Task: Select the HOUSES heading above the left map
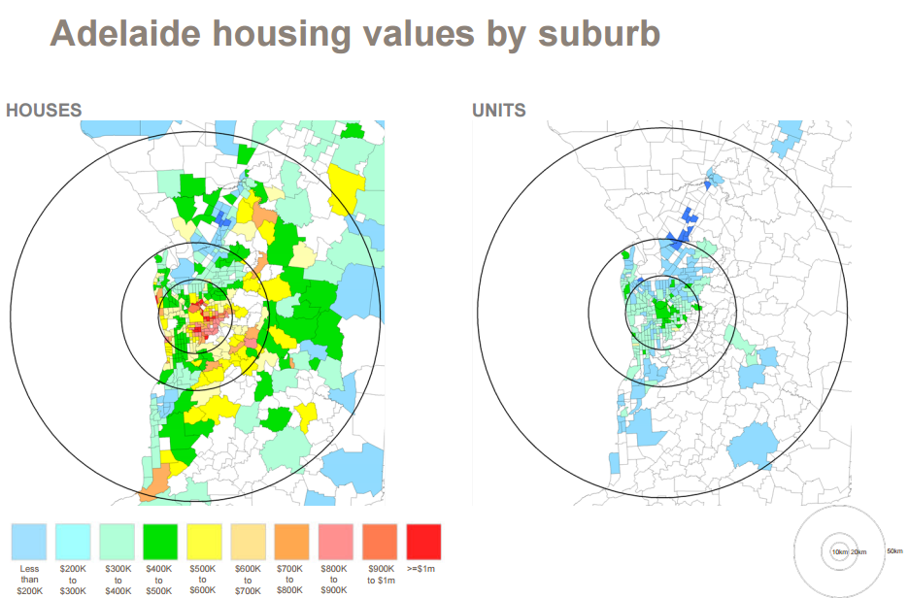[44, 111]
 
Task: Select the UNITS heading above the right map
[499, 111]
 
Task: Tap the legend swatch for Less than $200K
[29, 542]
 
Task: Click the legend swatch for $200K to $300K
[73, 542]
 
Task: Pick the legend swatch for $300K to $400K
[117, 542]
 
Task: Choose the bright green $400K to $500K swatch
[160, 542]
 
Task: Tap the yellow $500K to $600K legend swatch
[204, 542]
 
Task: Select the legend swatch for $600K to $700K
[248, 542]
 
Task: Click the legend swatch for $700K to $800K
[291, 542]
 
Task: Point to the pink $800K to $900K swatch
[335, 542]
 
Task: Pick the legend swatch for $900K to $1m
[379, 542]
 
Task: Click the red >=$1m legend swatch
[423, 542]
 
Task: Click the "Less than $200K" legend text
[29, 579]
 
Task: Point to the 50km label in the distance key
[894, 551]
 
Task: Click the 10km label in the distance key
[839, 551]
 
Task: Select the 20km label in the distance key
[858, 551]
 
